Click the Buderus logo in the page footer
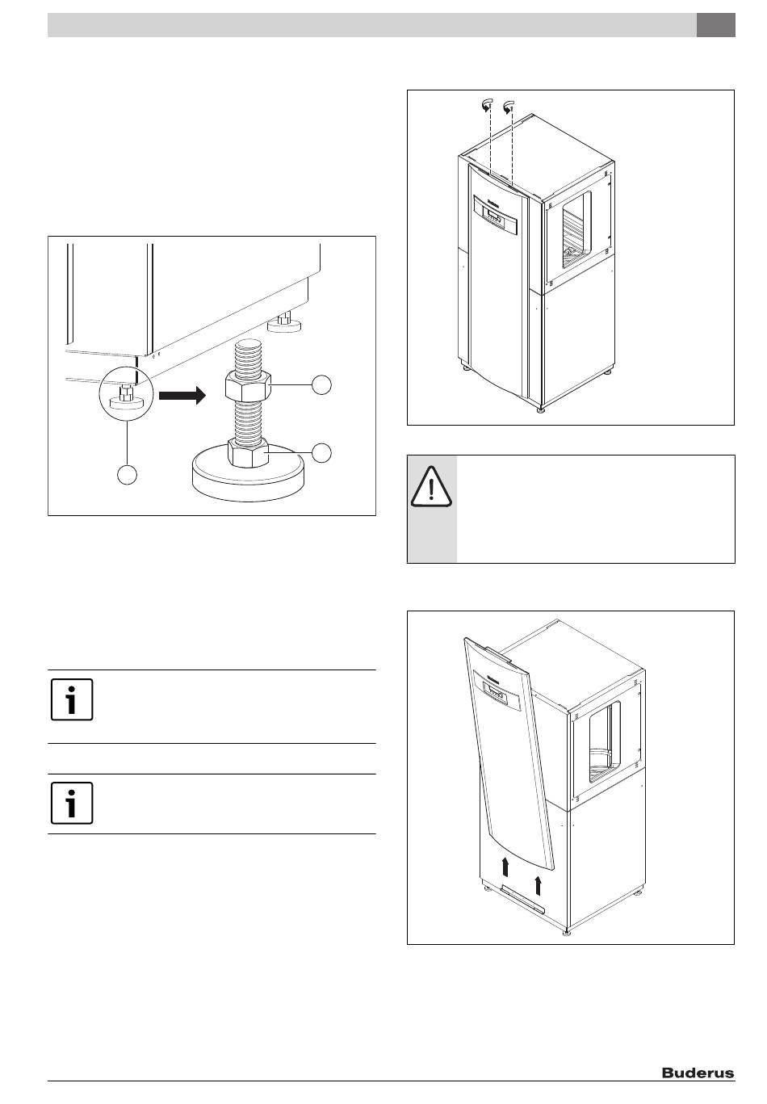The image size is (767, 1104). [698, 1073]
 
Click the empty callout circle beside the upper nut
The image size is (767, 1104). [322, 385]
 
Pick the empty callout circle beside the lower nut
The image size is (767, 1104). [322, 453]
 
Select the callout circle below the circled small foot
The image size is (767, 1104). [127, 474]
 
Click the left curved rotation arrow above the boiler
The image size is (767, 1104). [485, 106]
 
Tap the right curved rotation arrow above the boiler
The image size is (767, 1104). [509, 106]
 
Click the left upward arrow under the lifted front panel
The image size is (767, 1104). [505, 867]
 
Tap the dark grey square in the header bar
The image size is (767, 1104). [716, 25]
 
